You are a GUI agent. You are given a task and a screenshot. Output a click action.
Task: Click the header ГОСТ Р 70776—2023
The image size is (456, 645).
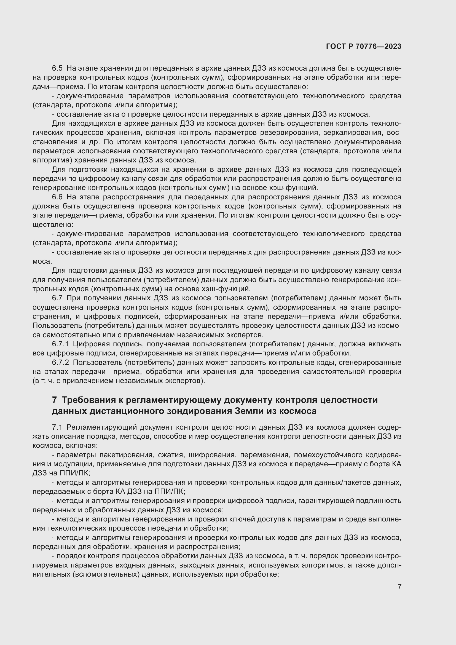pyautogui.click(x=364, y=46)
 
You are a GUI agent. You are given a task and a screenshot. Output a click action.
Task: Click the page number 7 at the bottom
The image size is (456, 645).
pyautogui.click(x=399, y=587)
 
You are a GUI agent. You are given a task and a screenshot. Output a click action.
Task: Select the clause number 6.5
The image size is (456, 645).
pyautogui.click(x=57, y=68)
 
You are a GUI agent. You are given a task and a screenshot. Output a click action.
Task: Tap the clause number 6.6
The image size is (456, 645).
pyautogui.click(x=57, y=197)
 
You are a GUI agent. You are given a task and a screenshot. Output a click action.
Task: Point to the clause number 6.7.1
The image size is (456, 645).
pyautogui.click(x=60, y=344)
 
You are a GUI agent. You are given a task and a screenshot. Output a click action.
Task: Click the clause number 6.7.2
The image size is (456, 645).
pyautogui.click(x=60, y=362)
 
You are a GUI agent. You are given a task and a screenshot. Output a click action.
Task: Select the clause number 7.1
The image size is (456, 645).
pyautogui.click(x=57, y=427)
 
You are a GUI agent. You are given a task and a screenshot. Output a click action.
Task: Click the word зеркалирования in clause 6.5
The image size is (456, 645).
pyautogui.click(x=353, y=132)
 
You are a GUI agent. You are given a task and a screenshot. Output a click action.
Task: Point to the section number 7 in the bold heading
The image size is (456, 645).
pyautogui.click(x=55, y=400)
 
